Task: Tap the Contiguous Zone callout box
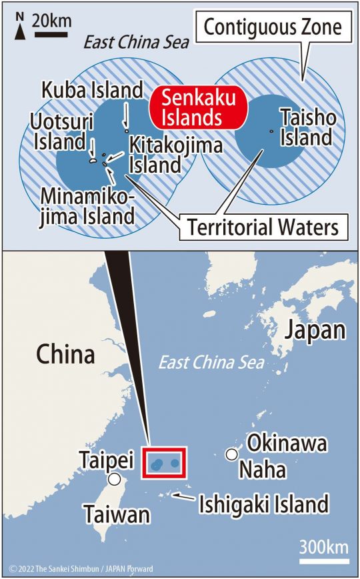(272, 27)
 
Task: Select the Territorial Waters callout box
(263, 227)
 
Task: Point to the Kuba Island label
(101, 90)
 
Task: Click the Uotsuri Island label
(58, 131)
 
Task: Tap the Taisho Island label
(306, 127)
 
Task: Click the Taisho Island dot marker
(272, 131)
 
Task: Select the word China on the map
(65, 354)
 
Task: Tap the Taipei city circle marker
(115, 478)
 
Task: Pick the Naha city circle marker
(231, 454)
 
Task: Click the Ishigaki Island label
(264, 504)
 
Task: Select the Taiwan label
(116, 514)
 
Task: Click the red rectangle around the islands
(165, 463)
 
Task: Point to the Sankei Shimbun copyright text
(81, 569)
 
